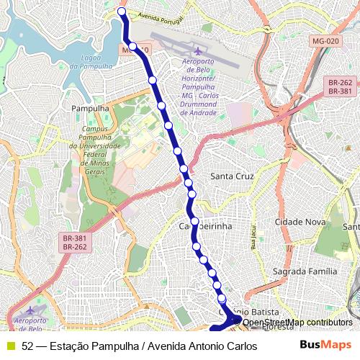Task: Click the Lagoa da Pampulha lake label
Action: (x=96, y=62)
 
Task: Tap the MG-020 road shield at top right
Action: (x=325, y=42)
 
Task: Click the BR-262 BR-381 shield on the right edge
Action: (x=339, y=87)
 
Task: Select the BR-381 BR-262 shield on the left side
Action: (x=75, y=243)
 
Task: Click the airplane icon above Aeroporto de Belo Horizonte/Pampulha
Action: (x=199, y=52)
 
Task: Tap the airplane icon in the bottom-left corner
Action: (x=30, y=310)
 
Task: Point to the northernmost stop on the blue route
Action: (x=122, y=12)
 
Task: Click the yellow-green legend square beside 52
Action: (x=10, y=346)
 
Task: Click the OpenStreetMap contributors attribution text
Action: (x=297, y=323)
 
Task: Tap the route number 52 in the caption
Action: (x=27, y=346)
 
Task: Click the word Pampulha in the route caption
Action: (x=114, y=346)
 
